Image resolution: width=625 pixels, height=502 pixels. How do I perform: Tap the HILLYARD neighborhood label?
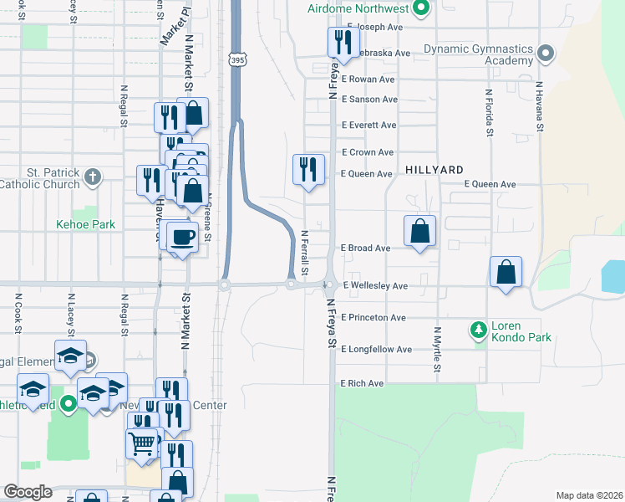(433, 169)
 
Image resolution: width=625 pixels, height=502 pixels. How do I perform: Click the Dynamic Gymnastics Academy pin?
(546, 54)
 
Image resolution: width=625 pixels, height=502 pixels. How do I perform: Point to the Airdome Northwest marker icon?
(421, 9)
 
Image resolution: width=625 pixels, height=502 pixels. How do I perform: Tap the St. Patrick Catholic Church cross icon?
(93, 177)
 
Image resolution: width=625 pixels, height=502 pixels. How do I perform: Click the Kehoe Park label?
(85, 224)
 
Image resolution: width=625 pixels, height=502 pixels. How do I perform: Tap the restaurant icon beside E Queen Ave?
(308, 169)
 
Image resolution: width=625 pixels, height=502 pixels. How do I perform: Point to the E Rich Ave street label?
(362, 383)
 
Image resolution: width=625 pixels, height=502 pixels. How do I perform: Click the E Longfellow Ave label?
(376, 349)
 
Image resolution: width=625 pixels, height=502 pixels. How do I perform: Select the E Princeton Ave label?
(373, 318)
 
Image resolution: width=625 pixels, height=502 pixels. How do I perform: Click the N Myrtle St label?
(437, 351)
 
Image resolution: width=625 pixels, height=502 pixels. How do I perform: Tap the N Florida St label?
(488, 113)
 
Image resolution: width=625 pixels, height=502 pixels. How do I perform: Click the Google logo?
(28, 492)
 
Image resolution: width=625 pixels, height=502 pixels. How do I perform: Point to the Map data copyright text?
(588, 495)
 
